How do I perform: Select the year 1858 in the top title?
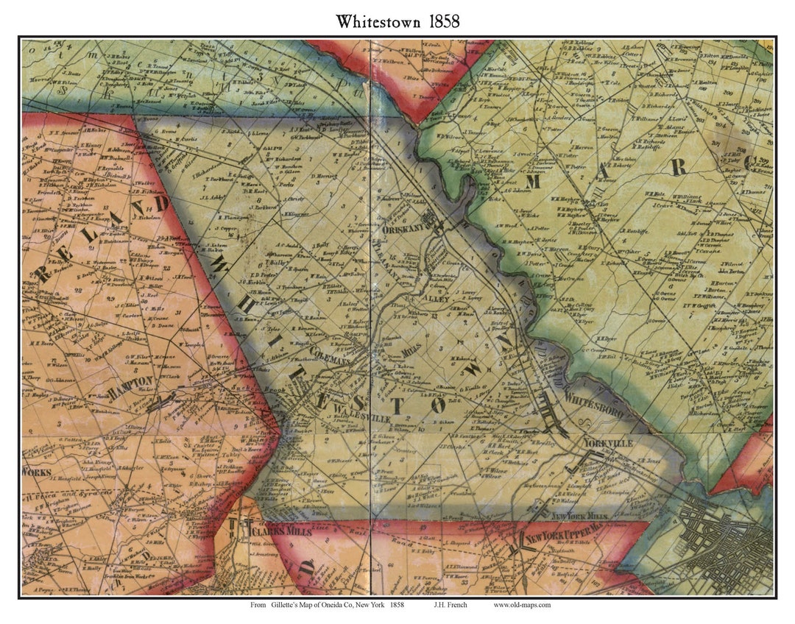[441, 21]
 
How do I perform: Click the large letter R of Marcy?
[678, 168]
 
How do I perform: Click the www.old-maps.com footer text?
[522, 606]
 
